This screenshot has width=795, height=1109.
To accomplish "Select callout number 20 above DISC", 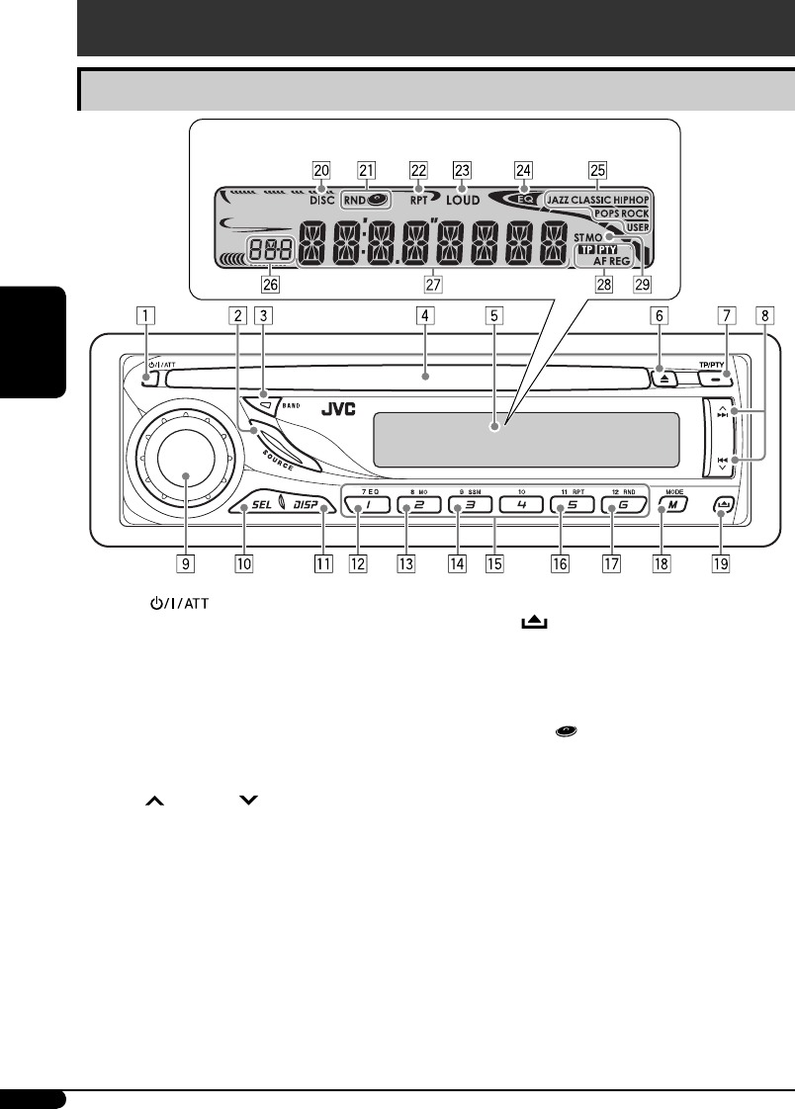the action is point(320,169).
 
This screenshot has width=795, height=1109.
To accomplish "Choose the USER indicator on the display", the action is point(636,226).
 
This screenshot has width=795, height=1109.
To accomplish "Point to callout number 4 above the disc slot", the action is point(423,318).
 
